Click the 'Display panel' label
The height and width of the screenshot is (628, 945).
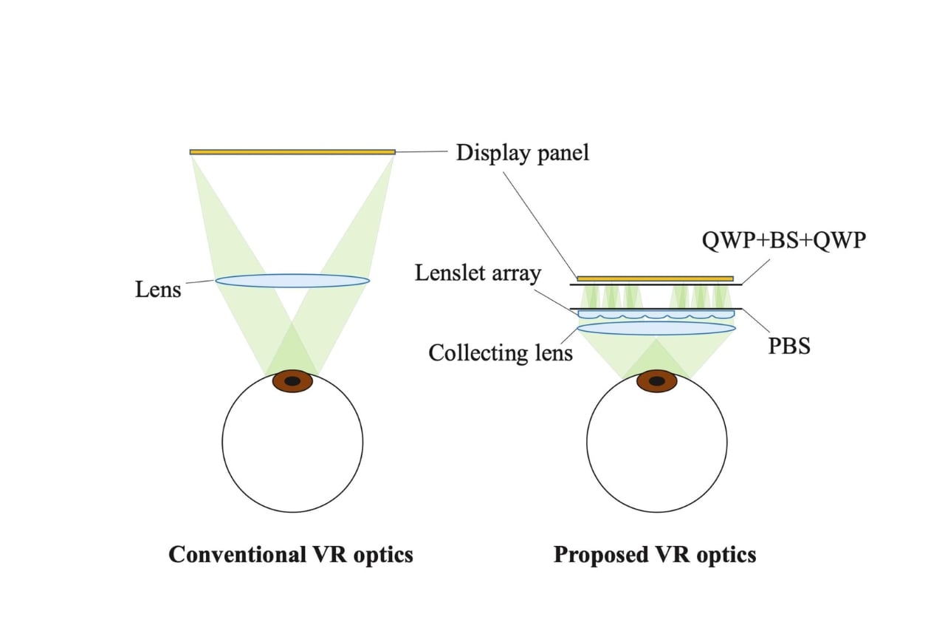point(523,153)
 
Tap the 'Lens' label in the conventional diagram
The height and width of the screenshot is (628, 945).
point(158,289)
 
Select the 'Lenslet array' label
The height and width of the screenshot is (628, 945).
point(478,273)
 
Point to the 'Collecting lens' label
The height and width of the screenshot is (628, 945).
point(501,352)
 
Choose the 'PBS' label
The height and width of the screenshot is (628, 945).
point(789,345)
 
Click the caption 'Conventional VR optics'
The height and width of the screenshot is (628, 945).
point(291,554)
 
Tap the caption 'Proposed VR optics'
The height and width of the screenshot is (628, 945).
point(655,554)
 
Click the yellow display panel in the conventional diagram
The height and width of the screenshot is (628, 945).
point(292,152)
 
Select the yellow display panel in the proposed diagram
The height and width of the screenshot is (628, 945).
point(656,279)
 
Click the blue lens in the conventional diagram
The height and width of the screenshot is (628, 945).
point(292,281)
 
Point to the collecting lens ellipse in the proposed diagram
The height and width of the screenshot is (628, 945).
point(656,328)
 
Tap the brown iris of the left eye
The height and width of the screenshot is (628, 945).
point(277,381)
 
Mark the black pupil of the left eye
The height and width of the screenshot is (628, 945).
point(293,381)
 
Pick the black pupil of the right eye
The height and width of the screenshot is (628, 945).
point(657,381)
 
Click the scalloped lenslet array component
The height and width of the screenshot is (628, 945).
point(656,315)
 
